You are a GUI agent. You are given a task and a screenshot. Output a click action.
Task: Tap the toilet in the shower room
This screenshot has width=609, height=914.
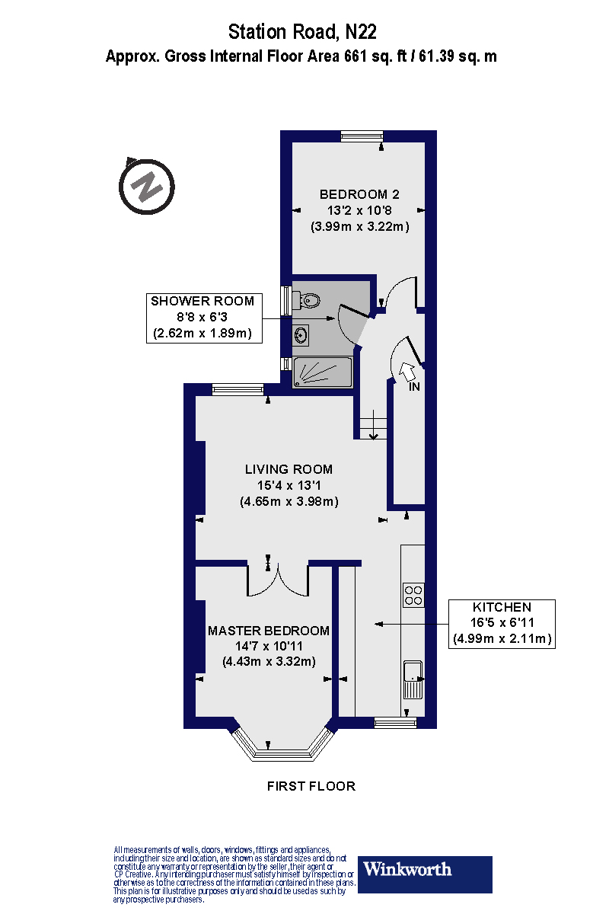(x=308, y=301)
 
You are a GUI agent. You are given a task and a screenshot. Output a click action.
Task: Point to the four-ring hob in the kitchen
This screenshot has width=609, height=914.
(x=413, y=594)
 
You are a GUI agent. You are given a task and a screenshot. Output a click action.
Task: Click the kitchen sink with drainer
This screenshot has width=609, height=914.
(x=413, y=678)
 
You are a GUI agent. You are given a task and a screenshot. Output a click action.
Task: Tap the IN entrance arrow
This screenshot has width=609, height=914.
(x=407, y=372)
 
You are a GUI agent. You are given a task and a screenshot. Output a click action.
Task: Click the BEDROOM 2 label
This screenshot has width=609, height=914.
(x=359, y=194)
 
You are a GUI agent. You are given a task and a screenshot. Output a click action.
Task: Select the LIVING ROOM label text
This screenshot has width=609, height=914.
(x=289, y=469)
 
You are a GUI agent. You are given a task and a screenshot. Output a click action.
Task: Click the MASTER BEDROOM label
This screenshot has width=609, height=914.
(x=269, y=631)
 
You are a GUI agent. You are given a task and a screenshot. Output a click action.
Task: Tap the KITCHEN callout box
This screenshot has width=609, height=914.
(x=502, y=623)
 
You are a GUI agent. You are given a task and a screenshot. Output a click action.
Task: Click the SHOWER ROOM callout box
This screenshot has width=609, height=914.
(x=202, y=317)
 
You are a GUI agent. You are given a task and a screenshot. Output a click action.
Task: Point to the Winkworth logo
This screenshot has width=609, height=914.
(x=425, y=874)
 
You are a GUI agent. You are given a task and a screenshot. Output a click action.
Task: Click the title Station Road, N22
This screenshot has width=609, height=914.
(x=302, y=32)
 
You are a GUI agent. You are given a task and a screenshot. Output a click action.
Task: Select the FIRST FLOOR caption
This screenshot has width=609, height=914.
(x=311, y=786)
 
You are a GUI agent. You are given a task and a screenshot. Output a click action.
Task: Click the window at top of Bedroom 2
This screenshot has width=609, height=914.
(x=361, y=136)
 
